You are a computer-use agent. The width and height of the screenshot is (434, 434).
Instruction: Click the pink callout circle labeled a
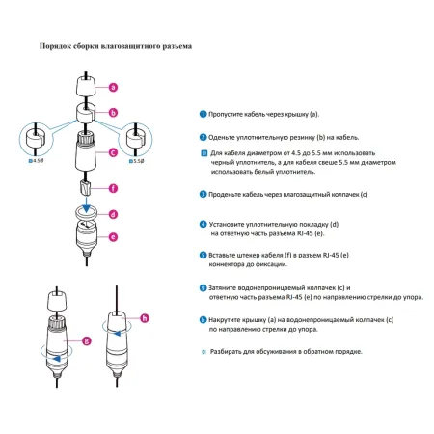coord(113,87)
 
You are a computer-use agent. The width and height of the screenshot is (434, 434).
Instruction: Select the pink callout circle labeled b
coord(113,113)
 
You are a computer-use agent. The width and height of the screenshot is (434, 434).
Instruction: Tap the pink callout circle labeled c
coord(113,151)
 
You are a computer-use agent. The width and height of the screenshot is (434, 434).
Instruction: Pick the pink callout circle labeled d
coord(113,214)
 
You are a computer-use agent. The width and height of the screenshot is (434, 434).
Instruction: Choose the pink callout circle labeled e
coord(113,235)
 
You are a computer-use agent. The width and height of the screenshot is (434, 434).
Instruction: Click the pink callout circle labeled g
coord(87,339)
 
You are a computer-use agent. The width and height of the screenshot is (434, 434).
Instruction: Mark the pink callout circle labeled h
coord(146,317)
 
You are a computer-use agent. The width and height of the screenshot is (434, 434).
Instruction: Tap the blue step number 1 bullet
coord(203,114)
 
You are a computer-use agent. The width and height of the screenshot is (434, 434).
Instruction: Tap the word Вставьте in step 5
coord(227,256)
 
